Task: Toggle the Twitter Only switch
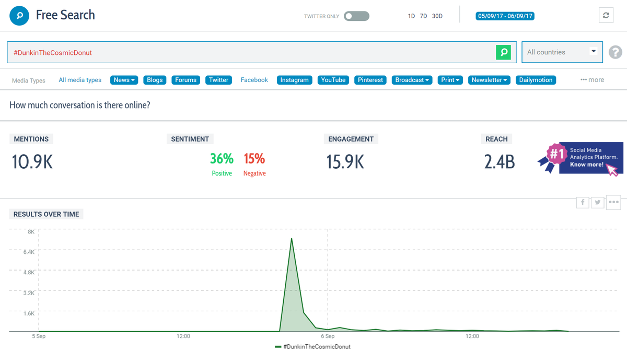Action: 356,16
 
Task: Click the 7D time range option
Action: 424,16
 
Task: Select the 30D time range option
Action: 437,16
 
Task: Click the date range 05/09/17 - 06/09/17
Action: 505,16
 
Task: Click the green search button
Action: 503,52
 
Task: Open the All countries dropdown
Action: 562,52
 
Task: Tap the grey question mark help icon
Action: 616,52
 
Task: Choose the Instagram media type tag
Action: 294,80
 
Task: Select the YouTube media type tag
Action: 333,80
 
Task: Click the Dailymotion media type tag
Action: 536,80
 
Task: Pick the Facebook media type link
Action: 254,80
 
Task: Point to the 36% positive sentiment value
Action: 222,158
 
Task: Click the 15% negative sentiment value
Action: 254,158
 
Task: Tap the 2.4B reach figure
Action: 500,162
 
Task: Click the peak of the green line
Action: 292,239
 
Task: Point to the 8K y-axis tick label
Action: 31,231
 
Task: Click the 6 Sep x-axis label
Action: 328,336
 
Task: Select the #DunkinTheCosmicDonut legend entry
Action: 313,347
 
